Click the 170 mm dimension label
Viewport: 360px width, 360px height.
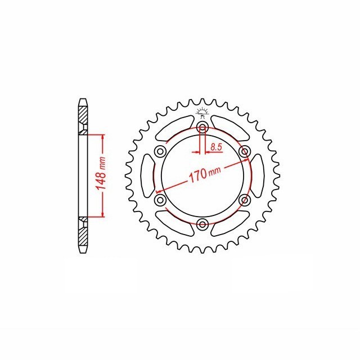pyautogui.click(x=205, y=173)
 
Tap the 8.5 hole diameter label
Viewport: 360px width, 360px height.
pyautogui.click(x=216, y=147)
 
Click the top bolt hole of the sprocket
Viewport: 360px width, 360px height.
pyautogui.click(x=202, y=127)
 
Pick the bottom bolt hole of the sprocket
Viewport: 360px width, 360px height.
pyautogui.click(x=202, y=224)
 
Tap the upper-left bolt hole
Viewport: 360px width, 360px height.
pyautogui.click(x=160, y=151)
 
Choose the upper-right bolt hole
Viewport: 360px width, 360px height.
pyautogui.click(x=245, y=151)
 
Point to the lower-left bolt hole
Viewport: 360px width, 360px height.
pyautogui.click(x=160, y=200)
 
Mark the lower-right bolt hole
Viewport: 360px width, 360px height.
pyautogui.click(x=245, y=200)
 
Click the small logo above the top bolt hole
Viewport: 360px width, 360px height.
pyautogui.click(x=202, y=112)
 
